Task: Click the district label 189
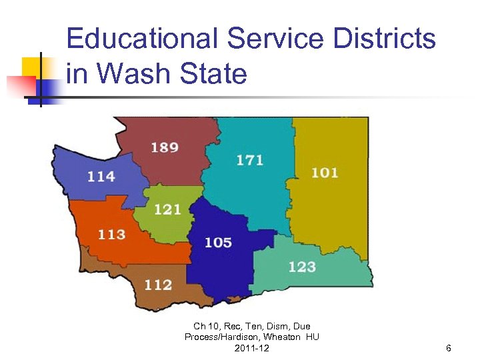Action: coord(165,147)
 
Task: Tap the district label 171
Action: coord(249,160)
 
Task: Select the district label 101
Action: coord(325,173)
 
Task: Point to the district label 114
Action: coord(101,177)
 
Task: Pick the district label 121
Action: coord(167,209)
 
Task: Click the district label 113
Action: coord(111,235)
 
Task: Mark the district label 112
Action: coord(158,285)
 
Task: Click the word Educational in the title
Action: coord(141,39)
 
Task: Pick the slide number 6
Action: coord(449,349)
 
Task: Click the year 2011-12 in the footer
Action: coord(252,349)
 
